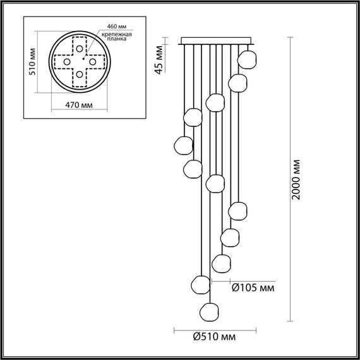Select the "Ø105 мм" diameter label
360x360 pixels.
(252, 288)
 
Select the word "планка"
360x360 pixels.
(117, 39)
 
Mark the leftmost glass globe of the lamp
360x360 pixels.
(183, 145)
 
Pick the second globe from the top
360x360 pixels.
(237, 82)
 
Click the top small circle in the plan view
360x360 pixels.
(79, 47)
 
